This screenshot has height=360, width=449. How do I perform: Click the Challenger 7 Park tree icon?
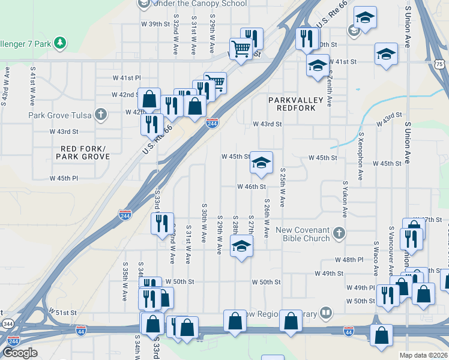click(59, 43)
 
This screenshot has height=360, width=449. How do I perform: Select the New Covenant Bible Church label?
click(303, 234)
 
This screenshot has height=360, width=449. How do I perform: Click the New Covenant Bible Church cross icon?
click(339, 233)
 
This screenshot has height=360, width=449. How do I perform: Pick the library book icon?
click(325, 312)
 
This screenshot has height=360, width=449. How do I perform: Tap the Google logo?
click(20, 353)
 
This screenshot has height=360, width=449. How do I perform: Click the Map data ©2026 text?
click(423, 355)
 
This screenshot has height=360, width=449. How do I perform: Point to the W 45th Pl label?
click(64, 178)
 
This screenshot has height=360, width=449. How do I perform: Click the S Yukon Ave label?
click(346, 199)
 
